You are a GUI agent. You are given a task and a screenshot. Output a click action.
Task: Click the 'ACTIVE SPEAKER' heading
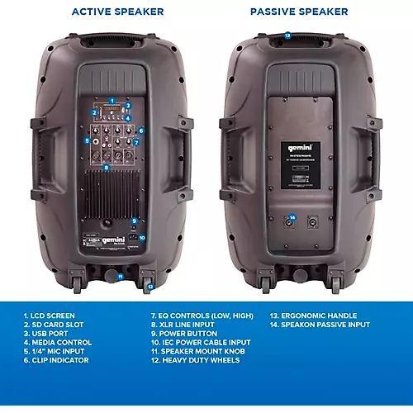pyautogui.click(x=117, y=12)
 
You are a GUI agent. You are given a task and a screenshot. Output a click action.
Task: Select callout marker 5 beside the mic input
pyautogui.click(x=87, y=141)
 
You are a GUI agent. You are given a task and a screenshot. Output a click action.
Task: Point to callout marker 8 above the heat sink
pyautogui.click(x=106, y=167)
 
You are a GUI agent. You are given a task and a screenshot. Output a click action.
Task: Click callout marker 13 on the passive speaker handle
pyautogui.click(x=287, y=36)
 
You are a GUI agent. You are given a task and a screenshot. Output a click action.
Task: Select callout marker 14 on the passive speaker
pyautogui.click(x=291, y=218)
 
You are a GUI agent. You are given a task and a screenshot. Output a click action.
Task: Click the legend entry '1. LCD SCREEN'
pyautogui.click(x=50, y=315)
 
